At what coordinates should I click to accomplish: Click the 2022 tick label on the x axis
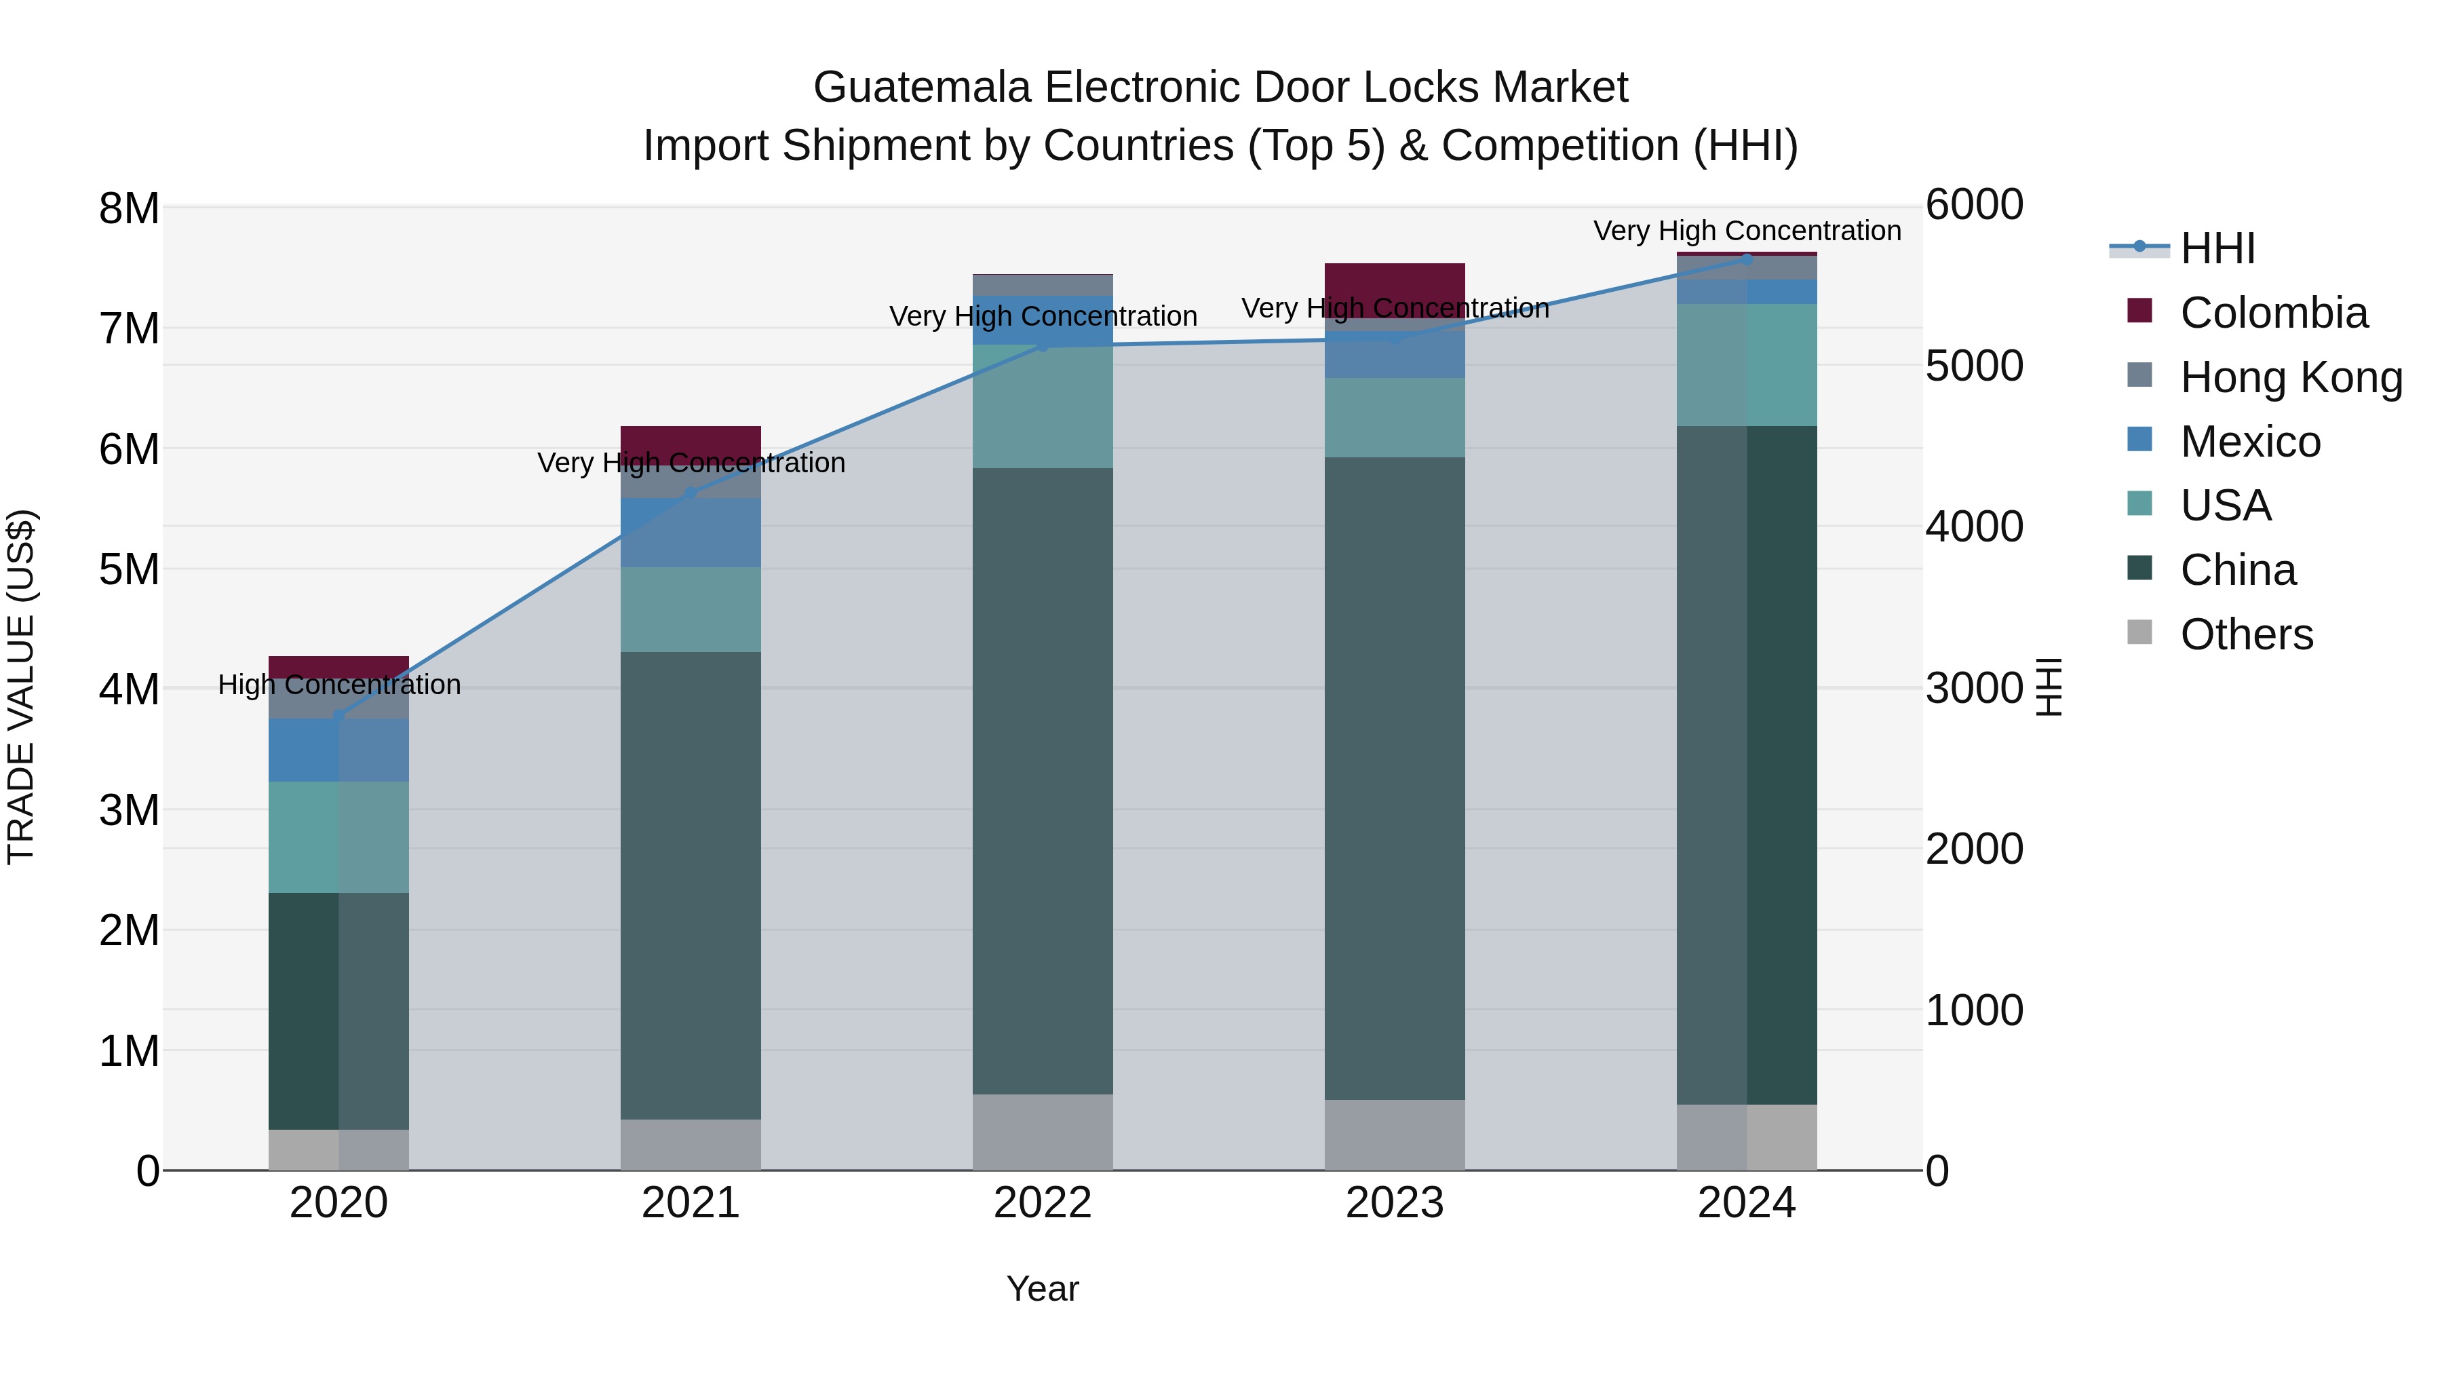click(1042, 1203)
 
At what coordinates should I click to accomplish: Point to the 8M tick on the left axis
click(129, 208)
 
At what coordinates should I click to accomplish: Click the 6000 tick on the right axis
click(1974, 205)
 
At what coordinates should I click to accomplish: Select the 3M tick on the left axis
click(129, 811)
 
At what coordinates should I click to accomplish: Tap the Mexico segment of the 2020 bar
click(338, 750)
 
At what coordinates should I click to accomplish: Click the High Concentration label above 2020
click(339, 685)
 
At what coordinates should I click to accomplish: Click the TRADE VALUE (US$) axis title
click(21, 687)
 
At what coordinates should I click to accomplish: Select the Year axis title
click(1042, 1289)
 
